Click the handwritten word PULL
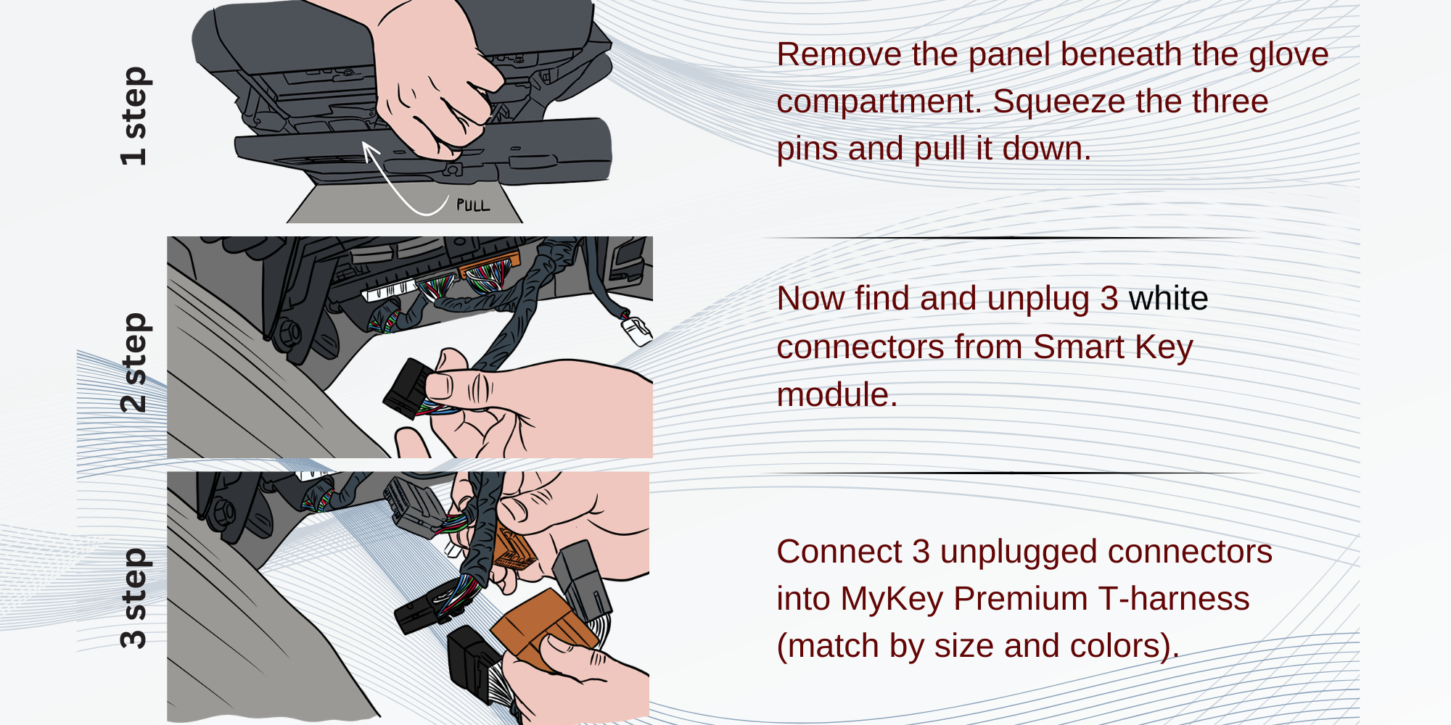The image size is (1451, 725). point(473,205)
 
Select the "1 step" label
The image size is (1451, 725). point(134,116)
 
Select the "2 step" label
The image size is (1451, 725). point(134,362)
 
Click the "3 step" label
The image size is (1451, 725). point(134,597)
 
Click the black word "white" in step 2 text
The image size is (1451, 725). point(1168,299)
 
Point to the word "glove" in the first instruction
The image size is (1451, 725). point(1288,55)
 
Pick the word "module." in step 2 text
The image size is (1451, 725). point(837,395)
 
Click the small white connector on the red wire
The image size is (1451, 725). point(636,331)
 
